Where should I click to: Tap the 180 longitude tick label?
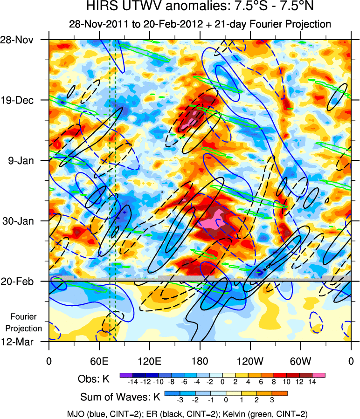click(200, 361)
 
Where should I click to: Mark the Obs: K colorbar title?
click(93, 379)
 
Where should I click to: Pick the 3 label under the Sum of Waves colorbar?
click(271, 400)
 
